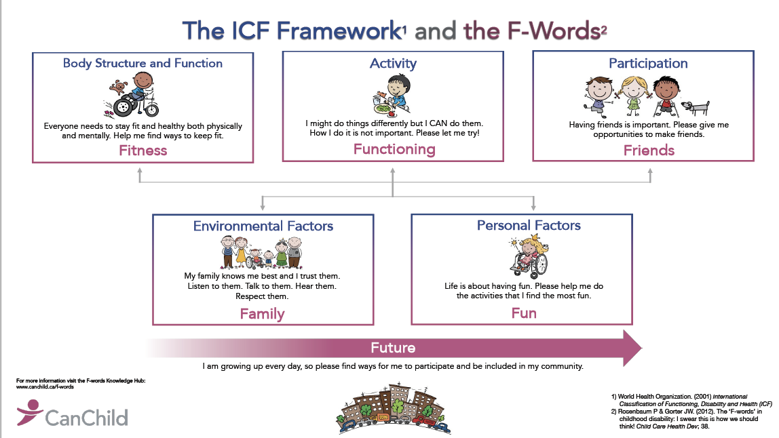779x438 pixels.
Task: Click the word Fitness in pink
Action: coord(142,151)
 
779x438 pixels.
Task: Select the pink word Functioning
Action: coord(394,149)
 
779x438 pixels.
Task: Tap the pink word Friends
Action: coord(649,151)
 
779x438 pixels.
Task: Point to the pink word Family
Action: coord(262,314)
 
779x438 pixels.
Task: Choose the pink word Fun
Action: coord(524,313)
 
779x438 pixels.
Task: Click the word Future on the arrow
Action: coord(393,348)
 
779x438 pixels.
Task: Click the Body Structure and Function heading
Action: coord(142,63)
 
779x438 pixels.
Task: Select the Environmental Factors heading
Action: coord(263,226)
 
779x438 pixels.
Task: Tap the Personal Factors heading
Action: coord(529,225)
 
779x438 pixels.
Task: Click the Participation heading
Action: coord(648,63)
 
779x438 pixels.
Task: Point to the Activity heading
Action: coord(393,63)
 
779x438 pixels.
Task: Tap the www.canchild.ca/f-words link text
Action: coord(45,386)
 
